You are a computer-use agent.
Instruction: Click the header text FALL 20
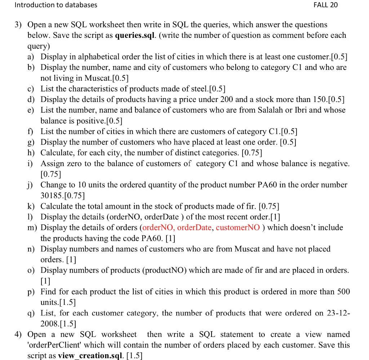(325, 5)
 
